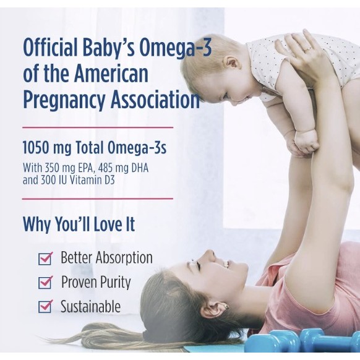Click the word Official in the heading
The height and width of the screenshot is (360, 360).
coord(50,48)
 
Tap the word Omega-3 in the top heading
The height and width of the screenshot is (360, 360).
coord(176,48)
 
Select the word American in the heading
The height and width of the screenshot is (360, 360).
coord(111,74)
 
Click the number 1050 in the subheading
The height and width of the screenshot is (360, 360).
coord(36,147)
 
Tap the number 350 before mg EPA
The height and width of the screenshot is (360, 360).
coord(52,168)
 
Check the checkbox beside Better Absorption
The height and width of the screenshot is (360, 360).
coord(45,258)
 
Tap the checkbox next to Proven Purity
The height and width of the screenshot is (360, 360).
coord(45,283)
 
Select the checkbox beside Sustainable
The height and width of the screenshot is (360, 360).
coord(45,306)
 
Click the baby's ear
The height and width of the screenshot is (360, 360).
coord(233,65)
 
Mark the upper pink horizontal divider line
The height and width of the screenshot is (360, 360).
coord(98,127)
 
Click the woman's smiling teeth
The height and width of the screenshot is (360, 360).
coord(227,264)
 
